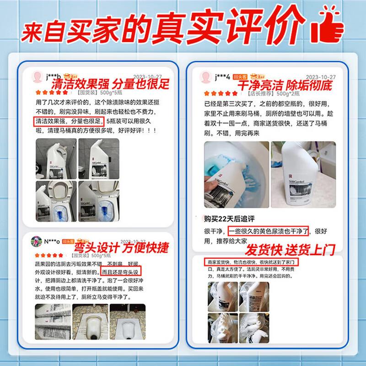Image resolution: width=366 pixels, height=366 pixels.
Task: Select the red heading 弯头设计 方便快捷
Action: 120,248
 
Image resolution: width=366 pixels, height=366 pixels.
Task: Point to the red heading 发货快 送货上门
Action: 290,250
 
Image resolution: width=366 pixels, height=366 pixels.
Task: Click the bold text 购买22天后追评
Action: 226,218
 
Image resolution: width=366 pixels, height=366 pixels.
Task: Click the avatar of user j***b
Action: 38,76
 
